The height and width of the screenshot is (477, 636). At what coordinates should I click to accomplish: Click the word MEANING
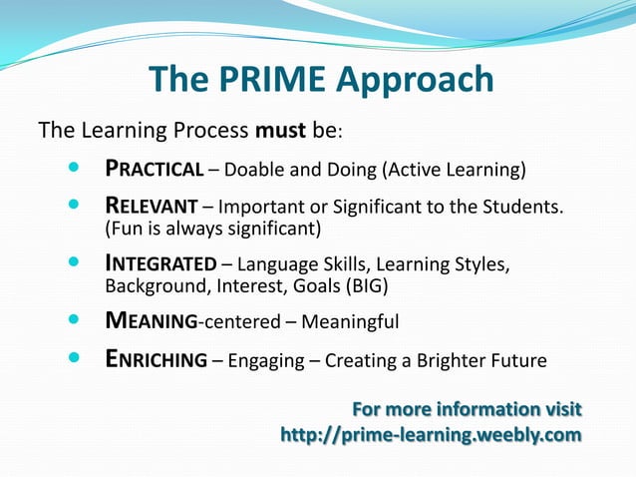(153, 322)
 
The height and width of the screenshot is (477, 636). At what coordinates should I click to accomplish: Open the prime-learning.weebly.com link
(431, 435)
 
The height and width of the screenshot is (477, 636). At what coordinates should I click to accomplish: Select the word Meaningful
(350, 322)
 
